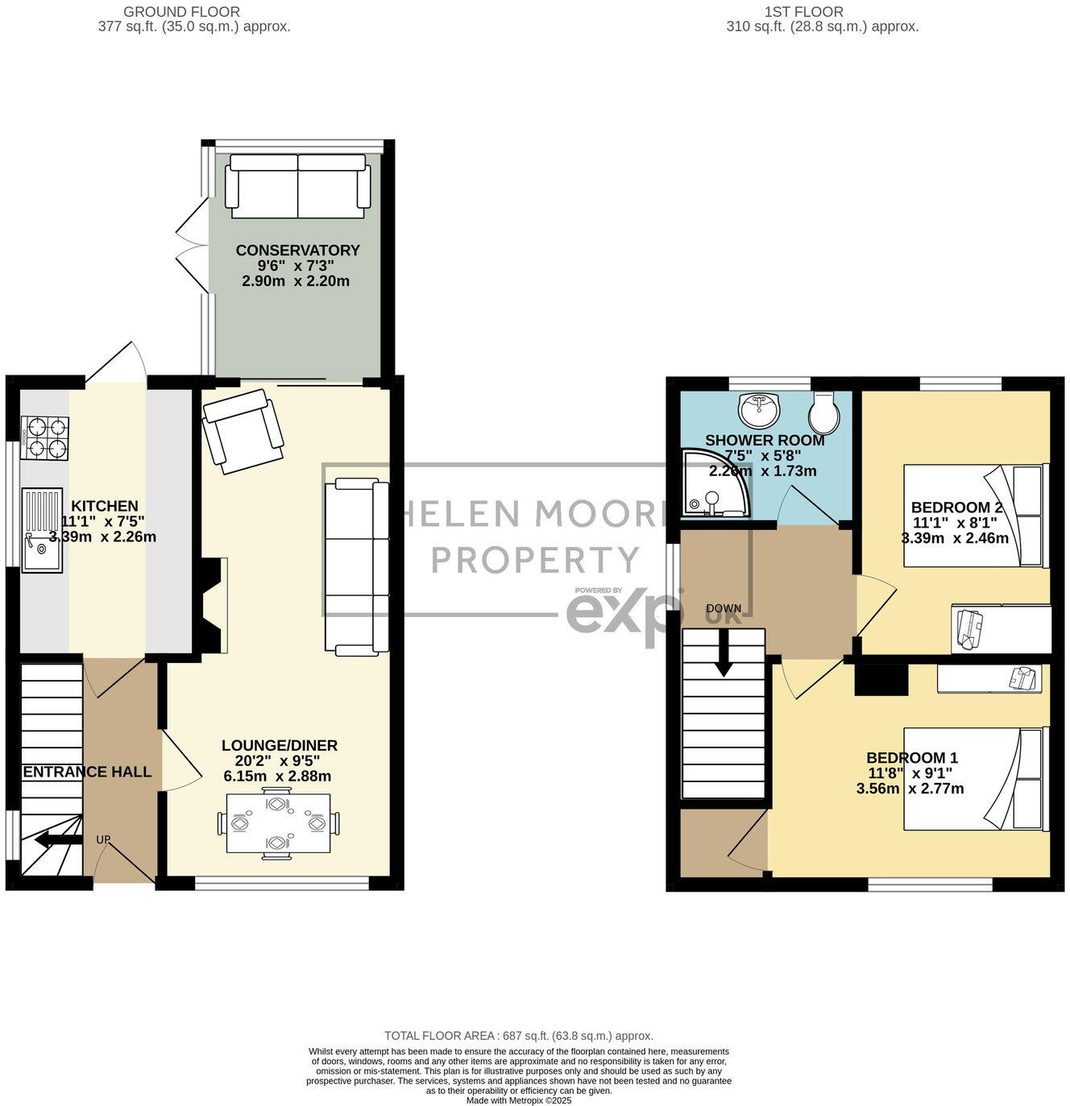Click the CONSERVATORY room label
point(297,251)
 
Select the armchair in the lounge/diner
point(243,430)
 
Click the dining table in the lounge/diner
point(279,823)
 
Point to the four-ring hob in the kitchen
point(44,437)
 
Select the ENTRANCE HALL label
point(87,772)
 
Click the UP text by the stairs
point(103,839)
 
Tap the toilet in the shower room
point(824,412)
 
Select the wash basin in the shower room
point(760,410)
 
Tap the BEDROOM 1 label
point(911,758)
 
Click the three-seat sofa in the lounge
point(356,566)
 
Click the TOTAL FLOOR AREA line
point(519,1036)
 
